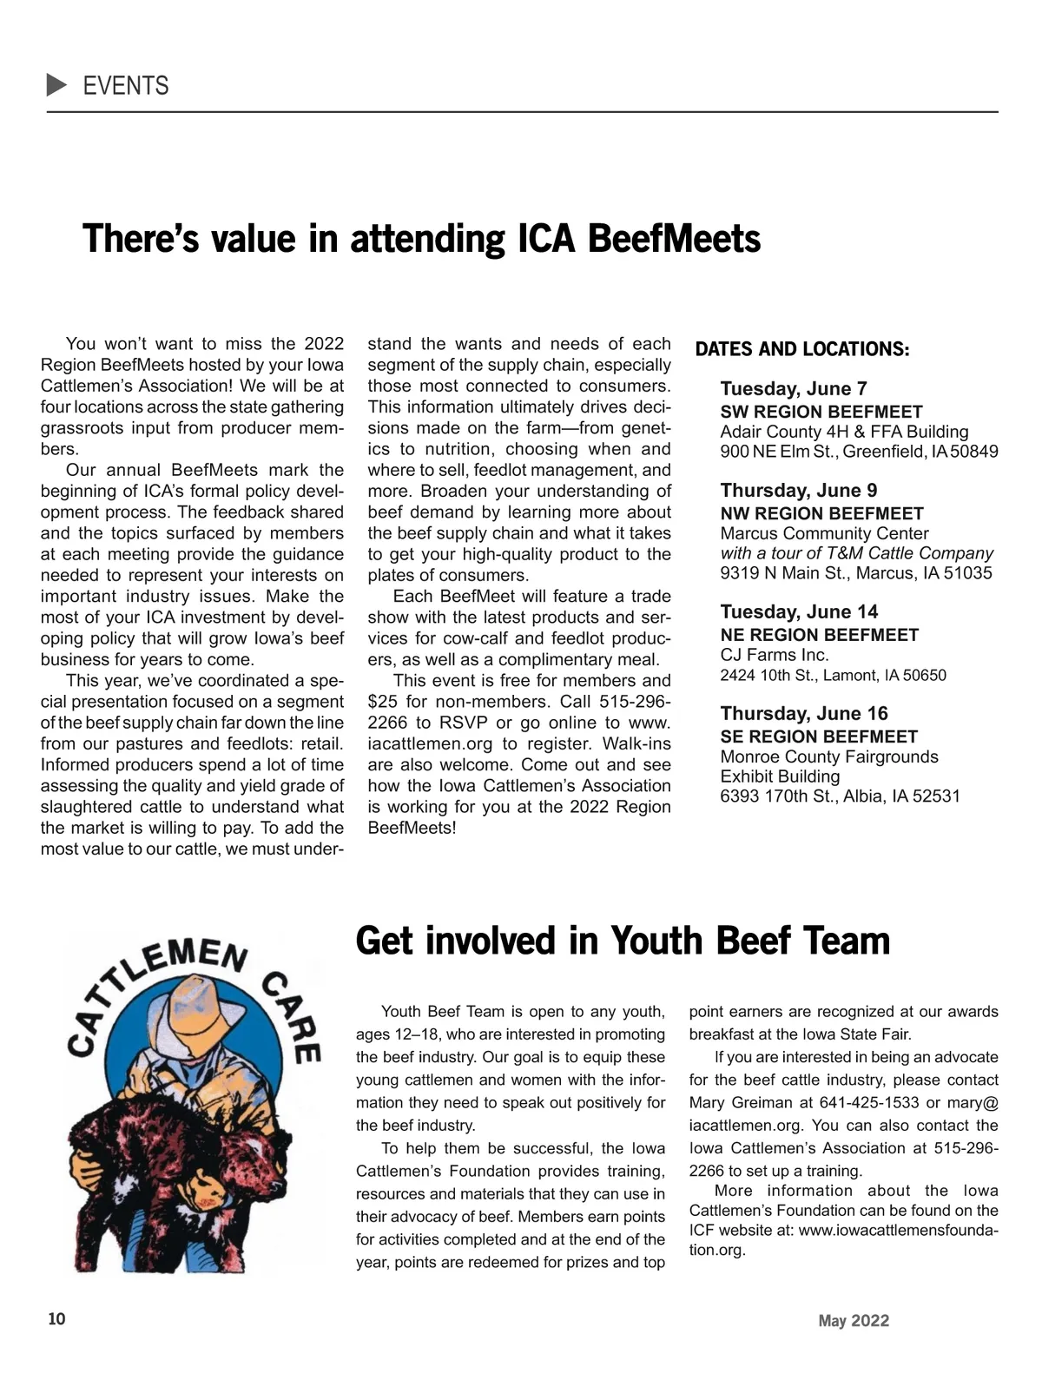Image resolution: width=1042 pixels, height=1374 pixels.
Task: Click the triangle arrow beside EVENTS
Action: pyautogui.click(x=56, y=85)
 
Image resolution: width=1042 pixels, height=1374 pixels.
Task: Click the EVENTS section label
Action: pyautogui.click(x=126, y=86)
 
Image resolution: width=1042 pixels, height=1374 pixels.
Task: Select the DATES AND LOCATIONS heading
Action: pyautogui.click(x=802, y=350)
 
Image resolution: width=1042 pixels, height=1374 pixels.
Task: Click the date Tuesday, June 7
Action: pyautogui.click(x=793, y=388)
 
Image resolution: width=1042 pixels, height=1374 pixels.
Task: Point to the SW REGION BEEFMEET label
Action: pyautogui.click(x=821, y=412)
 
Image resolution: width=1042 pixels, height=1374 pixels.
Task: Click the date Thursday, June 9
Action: pyautogui.click(x=798, y=490)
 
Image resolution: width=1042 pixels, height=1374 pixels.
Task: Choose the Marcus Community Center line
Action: pyautogui.click(x=824, y=533)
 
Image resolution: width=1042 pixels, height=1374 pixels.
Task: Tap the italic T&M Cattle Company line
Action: pyautogui.click(x=856, y=553)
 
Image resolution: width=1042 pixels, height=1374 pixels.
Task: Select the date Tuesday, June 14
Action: pyautogui.click(x=799, y=611)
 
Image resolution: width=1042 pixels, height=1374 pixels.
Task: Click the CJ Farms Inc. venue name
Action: pyautogui.click(x=775, y=655)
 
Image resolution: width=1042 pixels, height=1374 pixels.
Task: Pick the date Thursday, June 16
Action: pyautogui.click(x=804, y=713)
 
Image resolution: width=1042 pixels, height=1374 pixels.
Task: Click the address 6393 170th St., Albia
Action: pyautogui.click(x=840, y=796)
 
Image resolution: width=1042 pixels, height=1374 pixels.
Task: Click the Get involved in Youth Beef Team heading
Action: pyautogui.click(x=623, y=941)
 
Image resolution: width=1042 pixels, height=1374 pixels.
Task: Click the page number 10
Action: pyautogui.click(x=56, y=1319)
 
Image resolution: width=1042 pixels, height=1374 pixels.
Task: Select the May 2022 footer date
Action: pyautogui.click(x=854, y=1321)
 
